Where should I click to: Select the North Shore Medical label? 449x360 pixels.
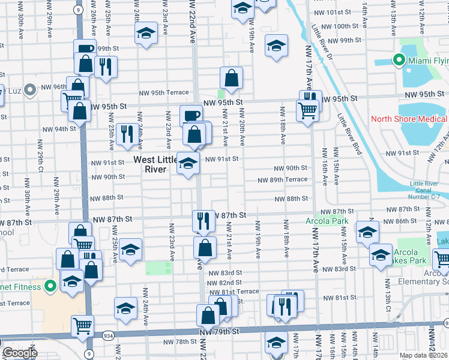point(409,119)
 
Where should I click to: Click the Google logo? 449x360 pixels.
point(19,353)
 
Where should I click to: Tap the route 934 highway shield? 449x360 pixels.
point(108,335)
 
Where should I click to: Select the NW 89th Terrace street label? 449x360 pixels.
point(283,179)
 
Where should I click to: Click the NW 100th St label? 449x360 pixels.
point(342,26)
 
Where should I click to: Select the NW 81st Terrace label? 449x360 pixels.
point(239,291)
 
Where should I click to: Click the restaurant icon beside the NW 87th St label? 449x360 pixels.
point(203,221)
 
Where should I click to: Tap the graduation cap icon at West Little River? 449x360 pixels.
point(188,164)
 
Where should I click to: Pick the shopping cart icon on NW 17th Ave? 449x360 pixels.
point(307,110)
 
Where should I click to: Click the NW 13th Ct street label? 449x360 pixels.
point(388,310)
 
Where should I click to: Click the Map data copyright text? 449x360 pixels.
point(424,355)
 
